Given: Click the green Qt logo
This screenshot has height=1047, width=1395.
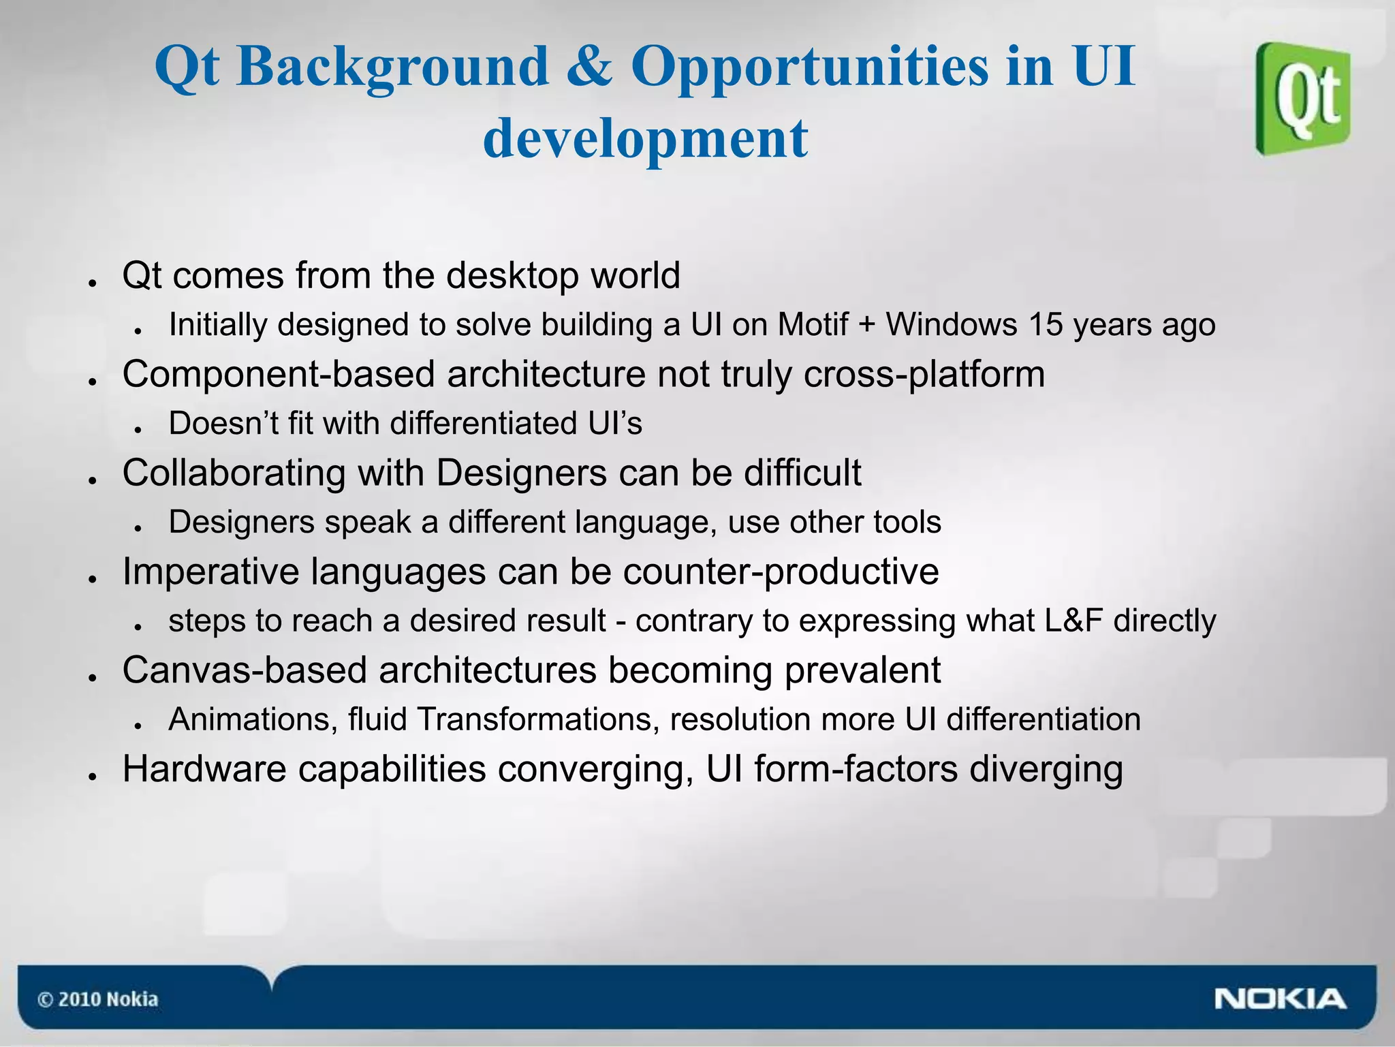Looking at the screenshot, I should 1303,99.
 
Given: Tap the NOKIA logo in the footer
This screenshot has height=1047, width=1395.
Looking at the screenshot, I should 1279,999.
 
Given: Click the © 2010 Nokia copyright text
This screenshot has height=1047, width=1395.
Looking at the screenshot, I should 97,999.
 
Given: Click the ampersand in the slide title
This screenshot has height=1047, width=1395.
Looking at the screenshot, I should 589,66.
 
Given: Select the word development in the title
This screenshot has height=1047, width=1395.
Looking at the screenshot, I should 645,138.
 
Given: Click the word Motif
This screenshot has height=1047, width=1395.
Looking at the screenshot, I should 813,324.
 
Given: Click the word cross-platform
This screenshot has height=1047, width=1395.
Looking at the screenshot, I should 924,374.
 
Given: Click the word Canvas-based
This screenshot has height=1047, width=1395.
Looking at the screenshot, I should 245,670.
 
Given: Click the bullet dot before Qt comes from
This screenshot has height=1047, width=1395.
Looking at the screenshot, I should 91,282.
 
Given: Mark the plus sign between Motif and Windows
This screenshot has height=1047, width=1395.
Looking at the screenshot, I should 866,325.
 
